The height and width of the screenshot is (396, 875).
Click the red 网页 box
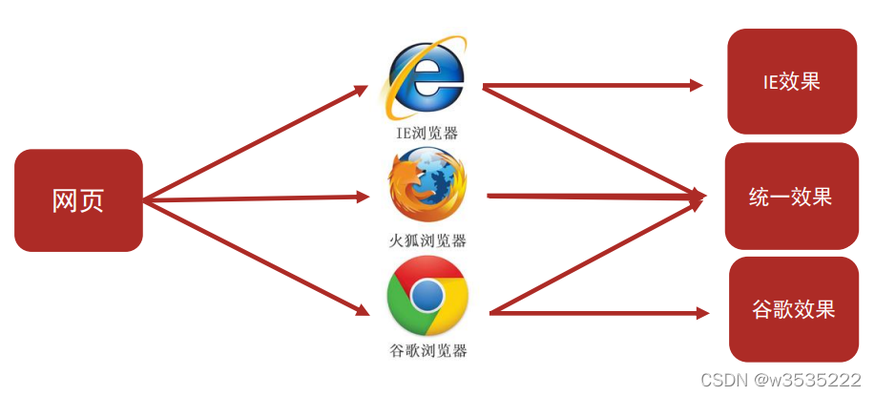coord(78,200)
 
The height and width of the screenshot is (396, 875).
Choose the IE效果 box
coord(791,81)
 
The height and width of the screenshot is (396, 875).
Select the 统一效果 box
coord(791,197)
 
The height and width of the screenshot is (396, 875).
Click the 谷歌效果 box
coord(794,309)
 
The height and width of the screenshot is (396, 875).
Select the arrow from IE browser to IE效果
coord(592,86)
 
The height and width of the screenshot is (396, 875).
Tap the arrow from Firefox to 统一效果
coord(592,196)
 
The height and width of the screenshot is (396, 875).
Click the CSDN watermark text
coord(781,380)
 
